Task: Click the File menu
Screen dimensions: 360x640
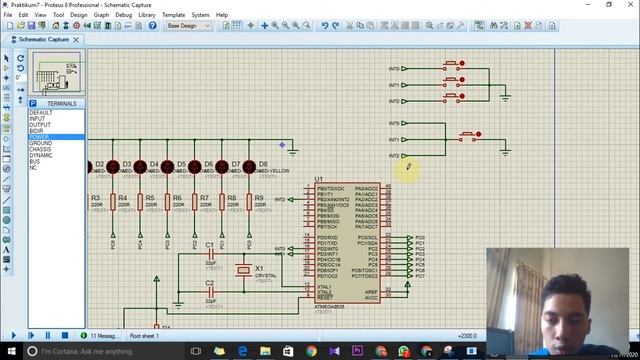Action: click(x=8, y=15)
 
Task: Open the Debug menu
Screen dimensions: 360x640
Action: click(x=123, y=15)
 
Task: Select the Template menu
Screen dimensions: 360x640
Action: click(x=174, y=15)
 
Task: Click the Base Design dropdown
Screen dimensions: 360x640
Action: click(x=188, y=25)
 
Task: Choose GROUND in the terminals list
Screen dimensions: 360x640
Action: click(x=41, y=143)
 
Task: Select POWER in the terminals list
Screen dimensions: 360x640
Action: click(x=39, y=137)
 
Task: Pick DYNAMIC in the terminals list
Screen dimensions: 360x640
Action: click(x=41, y=155)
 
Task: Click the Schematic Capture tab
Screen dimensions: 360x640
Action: click(x=42, y=39)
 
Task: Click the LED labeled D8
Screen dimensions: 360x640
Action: click(x=249, y=167)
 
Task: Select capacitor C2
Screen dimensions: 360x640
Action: click(x=210, y=291)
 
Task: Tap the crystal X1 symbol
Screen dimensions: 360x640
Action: click(x=243, y=270)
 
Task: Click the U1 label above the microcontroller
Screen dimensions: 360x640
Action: click(x=319, y=179)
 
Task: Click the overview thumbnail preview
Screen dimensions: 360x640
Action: click(x=57, y=73)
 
